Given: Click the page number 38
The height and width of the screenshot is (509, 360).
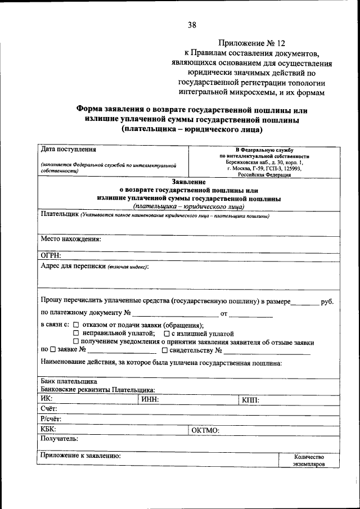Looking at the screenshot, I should [192, 25].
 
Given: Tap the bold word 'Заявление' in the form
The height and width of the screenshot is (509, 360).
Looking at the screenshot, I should [188, 182].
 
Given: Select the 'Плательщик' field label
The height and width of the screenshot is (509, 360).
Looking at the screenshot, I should [59, 215].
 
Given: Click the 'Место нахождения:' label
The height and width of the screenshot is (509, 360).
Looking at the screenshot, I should [70, 238].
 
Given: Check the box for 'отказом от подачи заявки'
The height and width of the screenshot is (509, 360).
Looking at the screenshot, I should [76, 325].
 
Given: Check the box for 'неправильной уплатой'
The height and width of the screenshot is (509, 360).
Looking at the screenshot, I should [76, 334].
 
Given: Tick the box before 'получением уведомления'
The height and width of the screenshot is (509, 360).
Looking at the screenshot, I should [76, 342].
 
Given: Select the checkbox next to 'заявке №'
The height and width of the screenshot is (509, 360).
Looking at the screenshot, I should [53, 350].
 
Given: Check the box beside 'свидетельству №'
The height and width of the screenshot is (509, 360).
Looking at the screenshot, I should [164, 350].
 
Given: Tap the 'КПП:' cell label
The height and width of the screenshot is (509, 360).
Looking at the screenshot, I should [250, 399].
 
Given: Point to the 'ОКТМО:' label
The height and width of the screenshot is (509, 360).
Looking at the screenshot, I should [205, 430].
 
